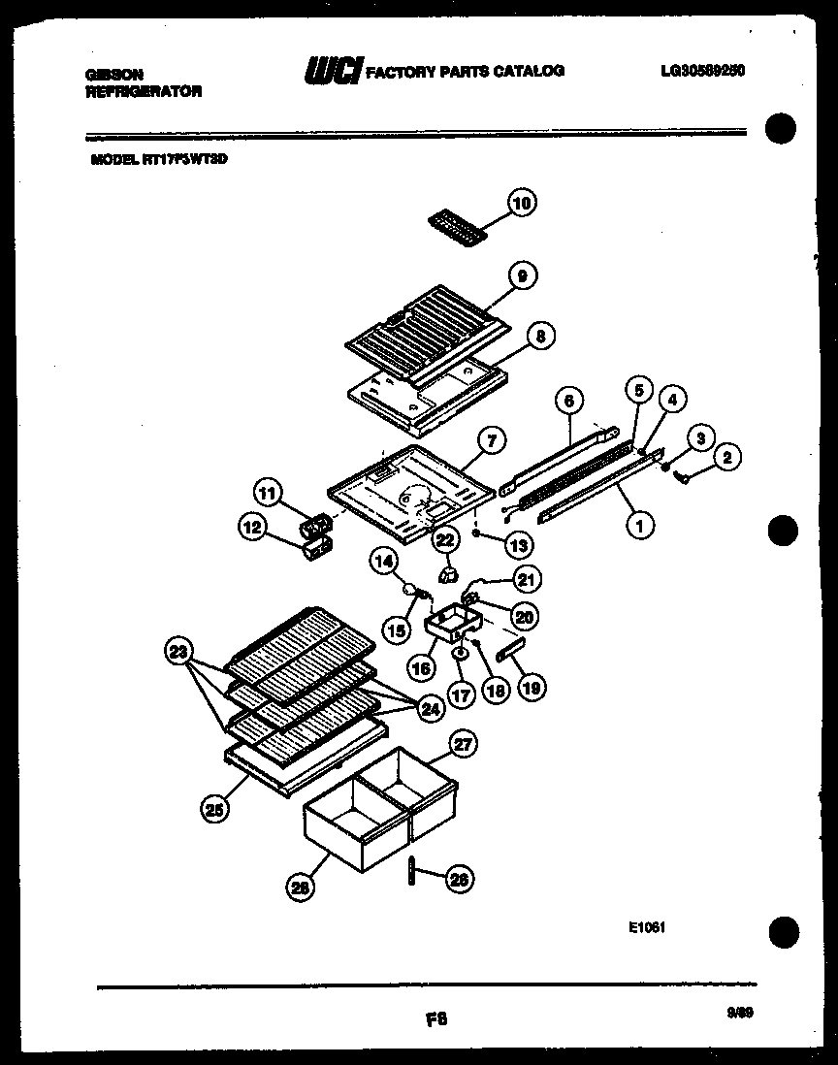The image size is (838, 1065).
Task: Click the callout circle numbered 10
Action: point(522,204)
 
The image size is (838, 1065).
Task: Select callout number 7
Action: point(492,440)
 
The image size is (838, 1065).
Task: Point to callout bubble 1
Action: point(639,526)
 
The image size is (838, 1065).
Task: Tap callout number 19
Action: point(530,688)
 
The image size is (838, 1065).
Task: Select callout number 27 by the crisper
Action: point(465,745)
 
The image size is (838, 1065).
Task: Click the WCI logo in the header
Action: point(333,71)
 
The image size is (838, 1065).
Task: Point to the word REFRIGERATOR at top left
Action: point(144,91)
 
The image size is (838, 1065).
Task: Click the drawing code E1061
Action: point(646,927)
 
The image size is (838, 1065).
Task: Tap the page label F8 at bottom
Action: point(436,1019)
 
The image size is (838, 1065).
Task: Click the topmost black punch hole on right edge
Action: point(781,130)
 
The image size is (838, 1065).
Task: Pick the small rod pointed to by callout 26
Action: point(411,871)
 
